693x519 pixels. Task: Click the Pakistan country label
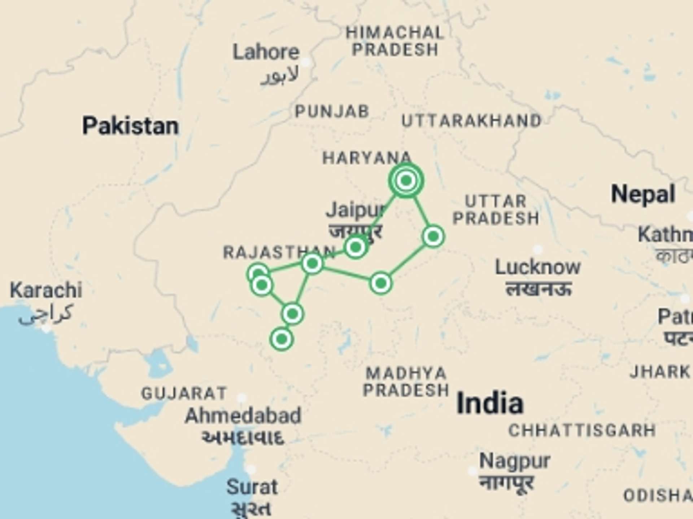click(x=130, y=126)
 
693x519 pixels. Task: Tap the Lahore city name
click(x=266, y=53)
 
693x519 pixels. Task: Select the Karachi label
click(x=46, y=290)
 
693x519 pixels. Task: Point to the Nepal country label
click(x=643, y=195)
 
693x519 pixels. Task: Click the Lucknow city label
click(x=537, y=267)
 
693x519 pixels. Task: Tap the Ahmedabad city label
click(x=243, y=416)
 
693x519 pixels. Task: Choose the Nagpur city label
click(x=514, y=461)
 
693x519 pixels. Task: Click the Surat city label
click(x=252, y=487)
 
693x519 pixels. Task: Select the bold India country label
click(x=490, y=403)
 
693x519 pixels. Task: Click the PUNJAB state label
click(x=332, y=112)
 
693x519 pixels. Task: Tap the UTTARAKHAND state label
click(x=471, y=121)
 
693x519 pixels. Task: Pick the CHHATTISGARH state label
click(x=582, y=430)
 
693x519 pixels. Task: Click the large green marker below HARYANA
click(x=406, y=180)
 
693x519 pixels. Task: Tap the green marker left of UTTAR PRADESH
click(x=433, y=236)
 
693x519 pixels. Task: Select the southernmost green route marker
click(x=282, y=339)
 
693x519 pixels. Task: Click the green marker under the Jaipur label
click(x=356, y=247)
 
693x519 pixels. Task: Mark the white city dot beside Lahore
click(x=306, y=62)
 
